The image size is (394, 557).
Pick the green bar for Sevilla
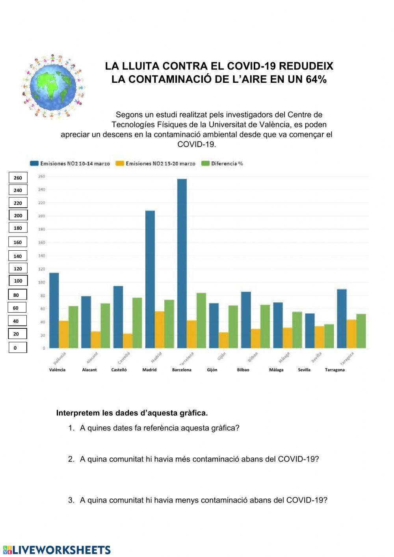tap(329, 336)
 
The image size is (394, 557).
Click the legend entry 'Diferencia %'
tap(223, 164)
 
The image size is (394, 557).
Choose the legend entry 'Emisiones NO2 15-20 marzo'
tap(156, 164)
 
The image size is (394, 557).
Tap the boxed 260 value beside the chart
tap(18, 178)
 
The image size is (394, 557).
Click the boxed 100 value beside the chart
tap(18, 281)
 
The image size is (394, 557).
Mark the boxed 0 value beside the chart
tap(18, 348)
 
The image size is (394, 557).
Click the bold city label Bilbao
tap(243, 370)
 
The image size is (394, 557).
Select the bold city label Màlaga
tap(276, 370)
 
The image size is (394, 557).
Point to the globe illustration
tap(53, 86)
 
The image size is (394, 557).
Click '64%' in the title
tap(316, 79)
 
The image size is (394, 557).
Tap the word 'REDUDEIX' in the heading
tap(306, 66)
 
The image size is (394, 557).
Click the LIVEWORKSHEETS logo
tap(57, 550)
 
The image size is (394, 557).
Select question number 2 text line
tap(199, 459)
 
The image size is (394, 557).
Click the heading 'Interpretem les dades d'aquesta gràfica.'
tap(132, 413)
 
